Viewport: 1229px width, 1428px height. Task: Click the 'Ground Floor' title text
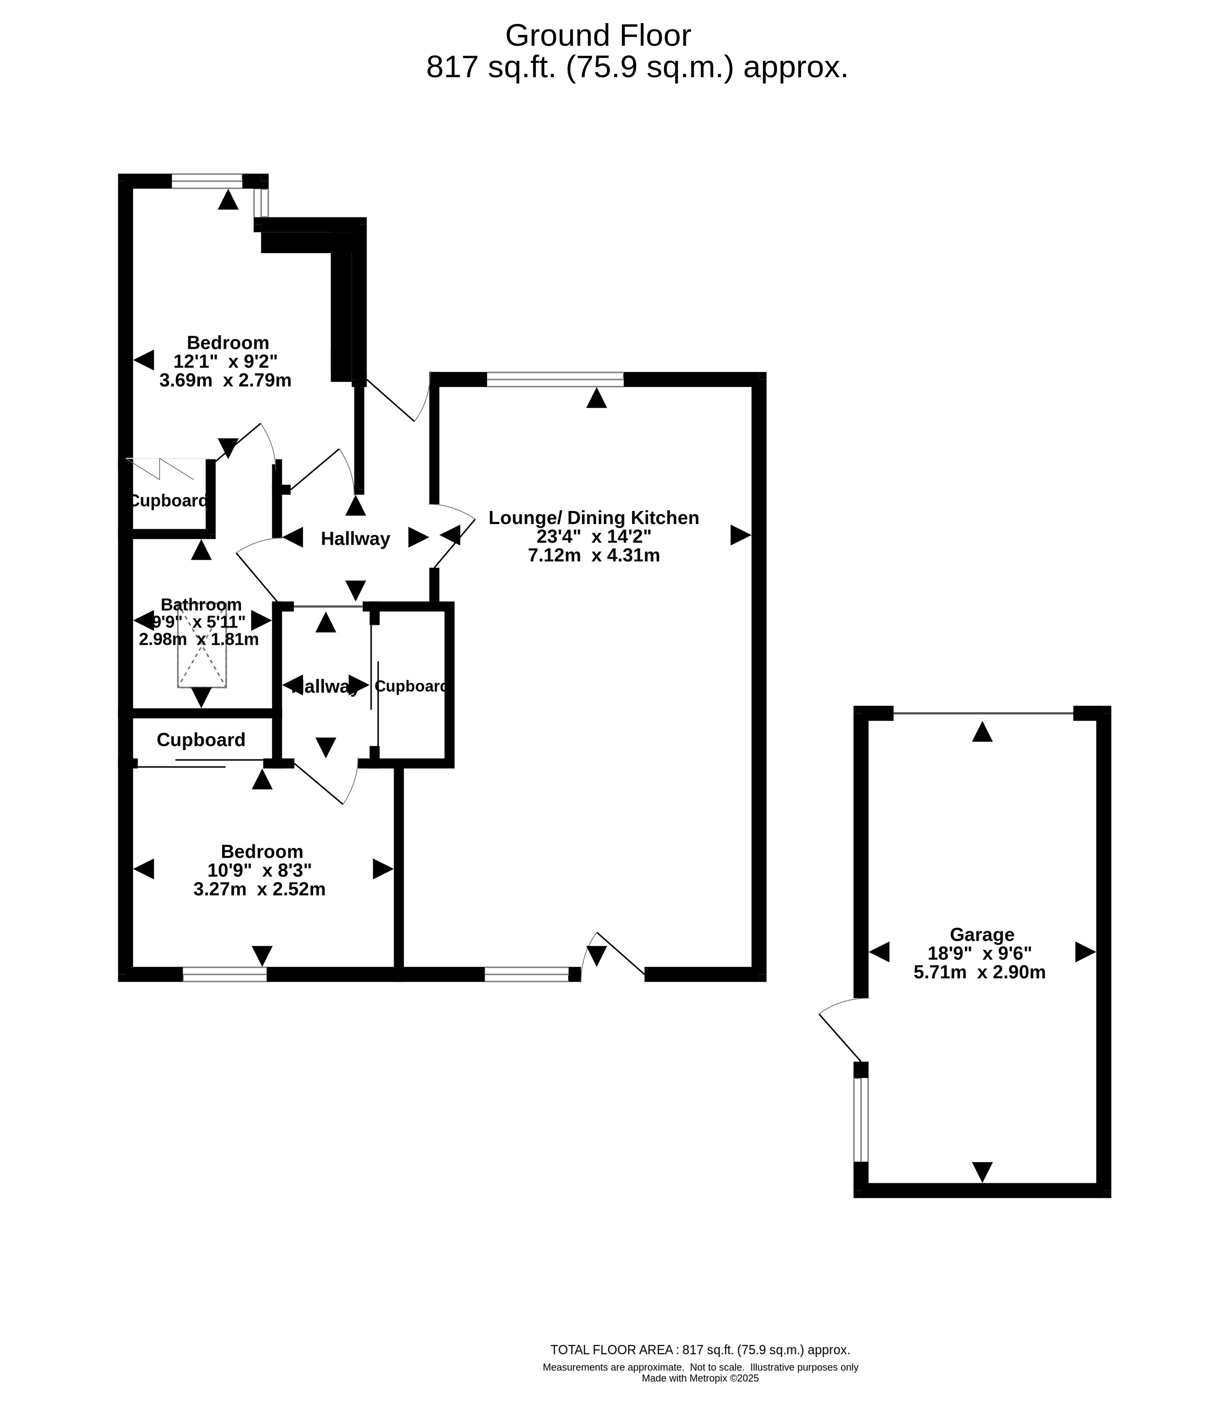click(598, 36)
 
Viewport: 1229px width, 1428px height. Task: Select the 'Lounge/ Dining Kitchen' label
click(594, 518)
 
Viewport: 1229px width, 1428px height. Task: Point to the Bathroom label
click(202, 605)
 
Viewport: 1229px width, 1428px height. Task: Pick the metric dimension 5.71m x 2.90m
click(979, 972)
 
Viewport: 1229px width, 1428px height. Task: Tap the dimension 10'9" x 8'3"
click(259, 870)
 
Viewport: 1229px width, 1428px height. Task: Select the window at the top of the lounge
click(555, 379)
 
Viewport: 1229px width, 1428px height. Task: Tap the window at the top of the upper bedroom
click(207, 181)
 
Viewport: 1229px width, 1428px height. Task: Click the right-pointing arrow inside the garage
click(1085, 952)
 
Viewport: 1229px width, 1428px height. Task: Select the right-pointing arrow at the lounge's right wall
click(741, 535)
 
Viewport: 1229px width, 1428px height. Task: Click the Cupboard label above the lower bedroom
click(201, 740)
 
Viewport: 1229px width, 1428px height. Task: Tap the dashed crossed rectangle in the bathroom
click(202, 645)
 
